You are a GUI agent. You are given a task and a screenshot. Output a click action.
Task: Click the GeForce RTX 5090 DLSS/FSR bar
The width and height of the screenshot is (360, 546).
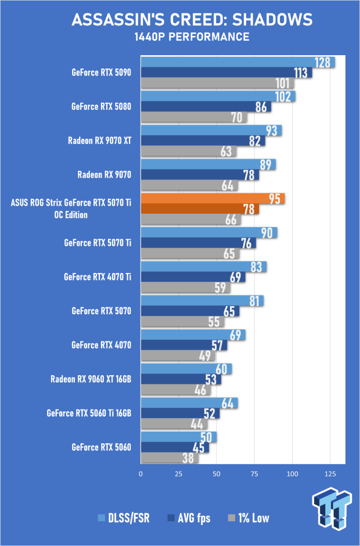pos(238,62)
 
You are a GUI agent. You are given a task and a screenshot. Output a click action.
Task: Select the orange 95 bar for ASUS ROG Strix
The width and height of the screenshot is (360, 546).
pos(213,199)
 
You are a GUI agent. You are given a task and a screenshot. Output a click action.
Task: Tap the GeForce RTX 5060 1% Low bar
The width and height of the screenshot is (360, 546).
pos(170,458)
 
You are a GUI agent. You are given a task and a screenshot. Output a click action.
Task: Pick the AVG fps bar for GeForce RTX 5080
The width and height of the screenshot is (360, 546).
pos(206,106)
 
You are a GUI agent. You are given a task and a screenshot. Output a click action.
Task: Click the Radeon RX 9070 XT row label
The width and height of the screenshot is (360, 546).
pos(99,141)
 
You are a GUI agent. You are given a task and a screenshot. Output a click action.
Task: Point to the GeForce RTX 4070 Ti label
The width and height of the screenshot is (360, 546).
pos(98,277)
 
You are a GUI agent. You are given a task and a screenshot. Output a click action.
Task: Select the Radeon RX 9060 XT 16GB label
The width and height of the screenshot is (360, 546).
pos(91,379)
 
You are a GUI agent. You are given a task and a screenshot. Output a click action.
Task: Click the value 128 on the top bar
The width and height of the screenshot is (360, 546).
pos(322,63)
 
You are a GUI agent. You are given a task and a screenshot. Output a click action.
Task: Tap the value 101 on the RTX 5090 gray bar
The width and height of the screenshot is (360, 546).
pos(282,83)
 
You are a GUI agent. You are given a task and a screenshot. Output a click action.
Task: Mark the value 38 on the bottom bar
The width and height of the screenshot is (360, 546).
pos(188,458)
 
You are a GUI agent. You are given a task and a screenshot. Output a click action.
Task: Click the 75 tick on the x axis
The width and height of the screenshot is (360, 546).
pos(254,474)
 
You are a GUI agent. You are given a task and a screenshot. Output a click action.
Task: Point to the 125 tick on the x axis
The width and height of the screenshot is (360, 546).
pos(330,474)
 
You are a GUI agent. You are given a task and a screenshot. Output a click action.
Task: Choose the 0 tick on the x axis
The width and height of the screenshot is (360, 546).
pos(141,474)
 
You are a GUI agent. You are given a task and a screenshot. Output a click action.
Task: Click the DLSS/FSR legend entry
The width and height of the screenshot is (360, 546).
pos(124,518)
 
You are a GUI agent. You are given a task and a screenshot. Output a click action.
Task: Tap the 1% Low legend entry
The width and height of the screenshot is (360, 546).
pos(249,518)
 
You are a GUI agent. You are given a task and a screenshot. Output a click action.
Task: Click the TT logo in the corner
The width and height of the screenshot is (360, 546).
pos(332,508)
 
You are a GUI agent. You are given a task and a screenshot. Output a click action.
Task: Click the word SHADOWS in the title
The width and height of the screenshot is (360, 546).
pos(272,20)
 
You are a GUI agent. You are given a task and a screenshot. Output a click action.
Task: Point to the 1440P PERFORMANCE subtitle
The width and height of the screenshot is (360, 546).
pos(192,37)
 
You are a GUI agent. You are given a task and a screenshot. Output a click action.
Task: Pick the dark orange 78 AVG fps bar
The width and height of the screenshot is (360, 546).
pos(200,209)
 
